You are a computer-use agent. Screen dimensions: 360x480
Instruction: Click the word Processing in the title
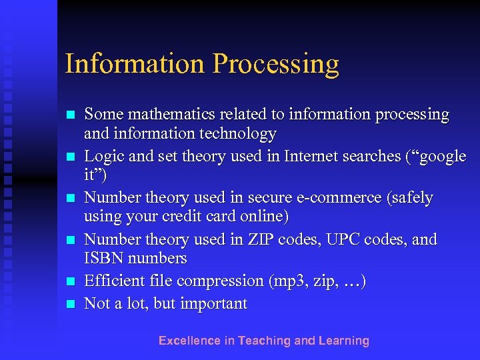pyautogui.click(x=276, y=64)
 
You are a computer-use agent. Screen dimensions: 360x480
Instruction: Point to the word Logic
pyautogui.click(x=103, y=156)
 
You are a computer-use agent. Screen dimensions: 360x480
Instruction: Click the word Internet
pyautogui.click(x=313, y=156)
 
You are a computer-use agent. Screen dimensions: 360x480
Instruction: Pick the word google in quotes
pyautogui.click(x=437, y=156)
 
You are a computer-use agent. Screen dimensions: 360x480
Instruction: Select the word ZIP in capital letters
pyautogui.click(x=270, y=239)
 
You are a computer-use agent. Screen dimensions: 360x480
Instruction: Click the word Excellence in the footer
pyautogui.click(x=189, y=341)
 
